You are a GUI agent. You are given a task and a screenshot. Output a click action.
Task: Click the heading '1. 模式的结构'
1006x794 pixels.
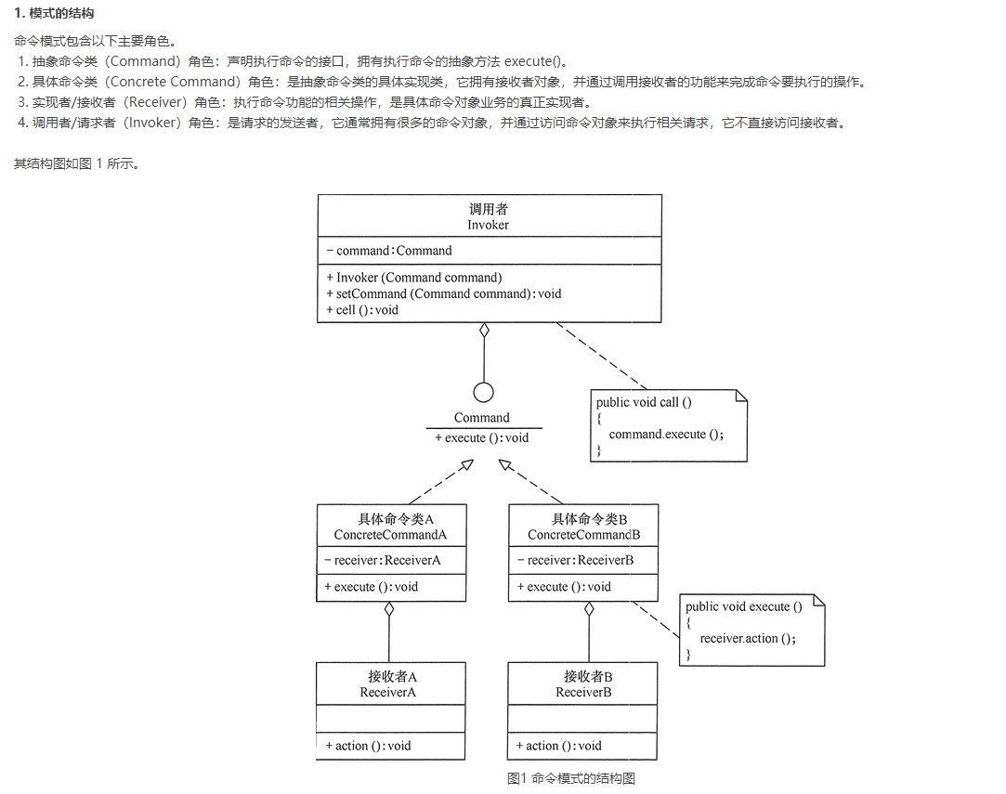tap(54, 13)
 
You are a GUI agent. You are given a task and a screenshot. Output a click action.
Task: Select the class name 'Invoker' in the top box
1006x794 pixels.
tap(489, 225)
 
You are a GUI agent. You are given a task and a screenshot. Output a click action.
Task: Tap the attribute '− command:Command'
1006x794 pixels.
tap(389, 251)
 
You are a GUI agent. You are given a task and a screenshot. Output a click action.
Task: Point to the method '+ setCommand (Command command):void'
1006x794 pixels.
tap(444, 293)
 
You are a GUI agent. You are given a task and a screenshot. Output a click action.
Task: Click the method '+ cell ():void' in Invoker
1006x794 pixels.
tap(362, 310)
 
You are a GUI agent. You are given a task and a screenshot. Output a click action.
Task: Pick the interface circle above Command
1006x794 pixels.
tap(483, 392)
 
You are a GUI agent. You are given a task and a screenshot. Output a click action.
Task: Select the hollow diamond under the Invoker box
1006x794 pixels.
tap(483, 331)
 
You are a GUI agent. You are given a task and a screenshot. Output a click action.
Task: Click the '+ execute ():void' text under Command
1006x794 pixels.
tap(481, 437)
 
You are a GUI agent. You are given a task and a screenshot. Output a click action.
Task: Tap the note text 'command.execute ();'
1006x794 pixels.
tap(665, 434)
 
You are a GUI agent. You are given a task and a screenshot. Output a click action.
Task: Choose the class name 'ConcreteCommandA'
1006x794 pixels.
tap(390, 535)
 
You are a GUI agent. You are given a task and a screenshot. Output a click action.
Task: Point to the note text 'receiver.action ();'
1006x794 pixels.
tap(748, 638)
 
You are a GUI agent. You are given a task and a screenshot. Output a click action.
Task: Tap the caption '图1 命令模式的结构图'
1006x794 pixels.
tap(571, 778)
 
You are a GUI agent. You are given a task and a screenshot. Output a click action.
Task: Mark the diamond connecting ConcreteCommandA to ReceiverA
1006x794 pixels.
tap(389, 610)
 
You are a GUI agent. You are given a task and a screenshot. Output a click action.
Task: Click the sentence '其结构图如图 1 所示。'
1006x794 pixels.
tap(77, 164)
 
